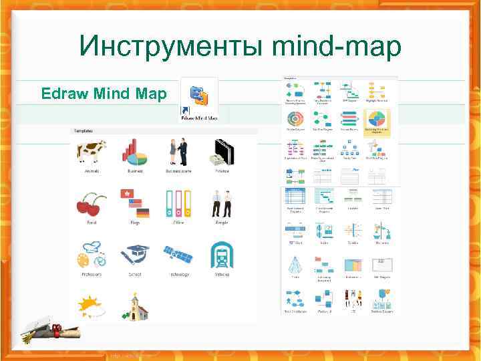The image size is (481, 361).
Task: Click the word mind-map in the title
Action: [337, 46]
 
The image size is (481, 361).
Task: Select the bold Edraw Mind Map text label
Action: [104, 93]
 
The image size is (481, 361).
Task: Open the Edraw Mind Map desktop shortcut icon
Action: [199, 97]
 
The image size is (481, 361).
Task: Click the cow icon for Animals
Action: [91, 152]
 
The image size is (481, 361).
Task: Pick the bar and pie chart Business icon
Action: [134, 152]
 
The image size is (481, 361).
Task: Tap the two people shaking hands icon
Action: [178, 151]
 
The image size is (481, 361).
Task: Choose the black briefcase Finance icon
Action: [222, 153]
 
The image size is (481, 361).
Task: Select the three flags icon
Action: [134, 203]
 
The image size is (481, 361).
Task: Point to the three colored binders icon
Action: [178, 204]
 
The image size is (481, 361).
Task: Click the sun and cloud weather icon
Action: [91, 306]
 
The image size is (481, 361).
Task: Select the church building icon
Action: [134, 306]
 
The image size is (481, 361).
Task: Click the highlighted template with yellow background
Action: [376, 122]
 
